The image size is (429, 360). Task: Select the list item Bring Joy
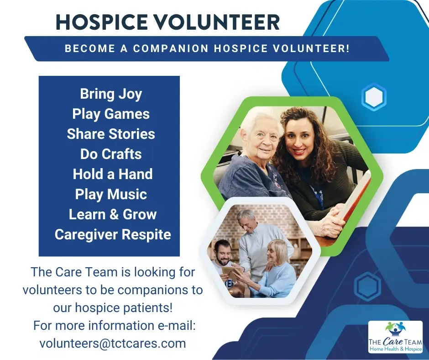(x=111, y=94)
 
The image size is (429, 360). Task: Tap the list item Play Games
(x=111, y=114)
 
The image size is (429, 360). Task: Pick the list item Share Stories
(x=111, y=134)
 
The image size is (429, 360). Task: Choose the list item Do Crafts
(x=111, y=154)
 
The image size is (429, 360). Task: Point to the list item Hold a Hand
(x=112, y=174)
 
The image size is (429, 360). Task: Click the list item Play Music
(x=111, y=194)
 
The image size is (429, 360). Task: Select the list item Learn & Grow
(x=112, y=214)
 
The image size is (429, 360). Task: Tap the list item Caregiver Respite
(x=113, y=234)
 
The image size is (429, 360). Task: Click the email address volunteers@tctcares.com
(x=113, y=343)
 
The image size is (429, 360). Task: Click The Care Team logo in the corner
(x=395, y=337)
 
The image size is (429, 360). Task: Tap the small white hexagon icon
(x=374, y=97)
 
